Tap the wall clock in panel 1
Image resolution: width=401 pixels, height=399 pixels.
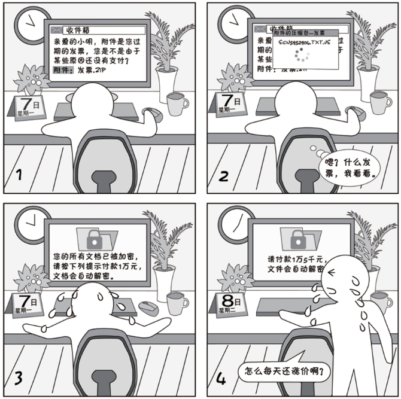coord(28,23)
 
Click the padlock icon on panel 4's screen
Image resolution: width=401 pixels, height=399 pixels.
coord(297,239)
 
